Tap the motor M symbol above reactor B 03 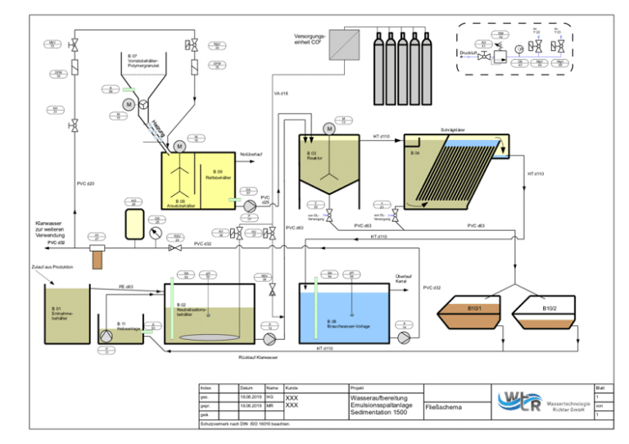coord(329,129)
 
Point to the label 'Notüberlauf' coord(250,154)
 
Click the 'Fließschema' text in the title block coord(443,405)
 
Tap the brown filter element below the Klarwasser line coord(99,259)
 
